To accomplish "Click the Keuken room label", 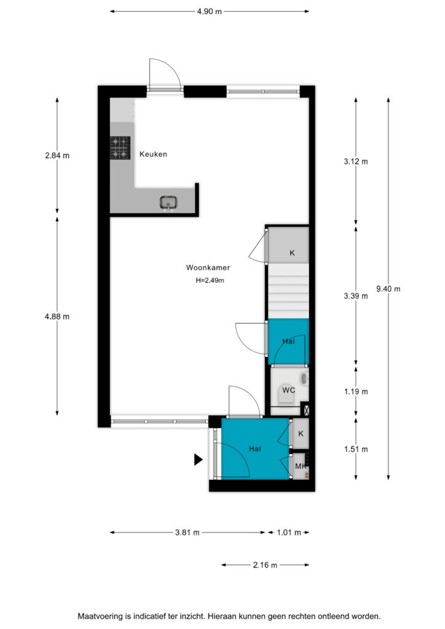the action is coord(153,154).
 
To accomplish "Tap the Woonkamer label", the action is coord(208,268).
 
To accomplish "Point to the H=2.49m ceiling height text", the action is coord(210,280).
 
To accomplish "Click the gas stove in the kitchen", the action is coord(120,147).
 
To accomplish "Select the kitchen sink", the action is coord(169,203).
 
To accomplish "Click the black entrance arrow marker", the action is coord(199,459).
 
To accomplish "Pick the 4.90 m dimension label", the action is coord(209,12).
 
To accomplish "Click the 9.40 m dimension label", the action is coord(388,289).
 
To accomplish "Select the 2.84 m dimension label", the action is coord(57,155).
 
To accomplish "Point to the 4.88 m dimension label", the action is coord(57,316).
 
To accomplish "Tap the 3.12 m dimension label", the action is coord(355,162).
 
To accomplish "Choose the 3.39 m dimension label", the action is coord(355,296).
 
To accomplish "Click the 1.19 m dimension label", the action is coord(355,391).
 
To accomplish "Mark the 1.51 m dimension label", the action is coord(355,449).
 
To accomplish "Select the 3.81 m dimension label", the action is coord(187,533).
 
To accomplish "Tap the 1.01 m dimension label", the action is coord(288,533).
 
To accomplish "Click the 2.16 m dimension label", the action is coord(265,565).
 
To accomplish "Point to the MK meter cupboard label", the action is coord(301,466).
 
